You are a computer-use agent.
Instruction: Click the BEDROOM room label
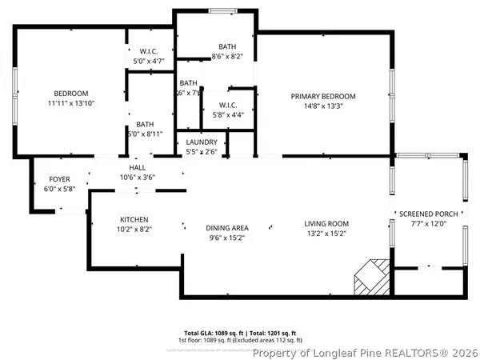pyautogui.click(x=71, y=94)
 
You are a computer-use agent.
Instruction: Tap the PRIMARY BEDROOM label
pyautogui.click(x=323, y=96)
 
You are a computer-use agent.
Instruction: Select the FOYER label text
pyautogui.click(x=59, y=178)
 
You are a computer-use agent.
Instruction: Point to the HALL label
pyautogui.click(x=137, y=167)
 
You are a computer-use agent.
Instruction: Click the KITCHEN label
pyautogui.click(x=134, y=219)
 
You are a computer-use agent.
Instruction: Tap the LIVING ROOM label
pyautogui.click(x=326, y=223)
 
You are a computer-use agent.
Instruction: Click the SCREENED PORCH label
pyautogui.click(x=429, y=214)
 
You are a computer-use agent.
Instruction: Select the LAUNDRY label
pyautogui.click(x=202, y=142)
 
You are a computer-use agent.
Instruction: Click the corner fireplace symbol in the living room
pyautogui.click(x=372, y=277)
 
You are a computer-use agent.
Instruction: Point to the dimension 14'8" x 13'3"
pyautogui.click(x=323, y=106)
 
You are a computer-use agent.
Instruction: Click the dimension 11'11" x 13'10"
pyautogui.click(x=71, y=103)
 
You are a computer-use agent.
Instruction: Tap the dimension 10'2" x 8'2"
pyautogui.click(x=134, y=229)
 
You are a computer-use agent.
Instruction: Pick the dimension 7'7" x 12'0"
pyautogui.click(x=429, y=224)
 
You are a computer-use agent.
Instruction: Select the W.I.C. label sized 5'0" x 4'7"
pyautogui.click(x=150, y=50)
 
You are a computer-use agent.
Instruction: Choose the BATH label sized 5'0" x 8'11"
pyautogui.click(x=145, y=124)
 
